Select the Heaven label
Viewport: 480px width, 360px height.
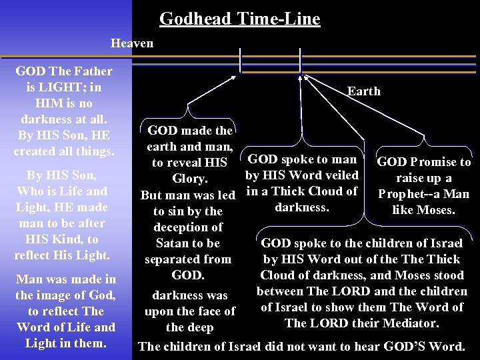coord(132,43)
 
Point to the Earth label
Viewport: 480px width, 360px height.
coord(364,91)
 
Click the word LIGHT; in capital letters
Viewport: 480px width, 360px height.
coord(72,87)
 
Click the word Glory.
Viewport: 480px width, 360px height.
coord(191,179)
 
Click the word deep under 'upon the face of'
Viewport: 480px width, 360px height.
coord(201,327)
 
